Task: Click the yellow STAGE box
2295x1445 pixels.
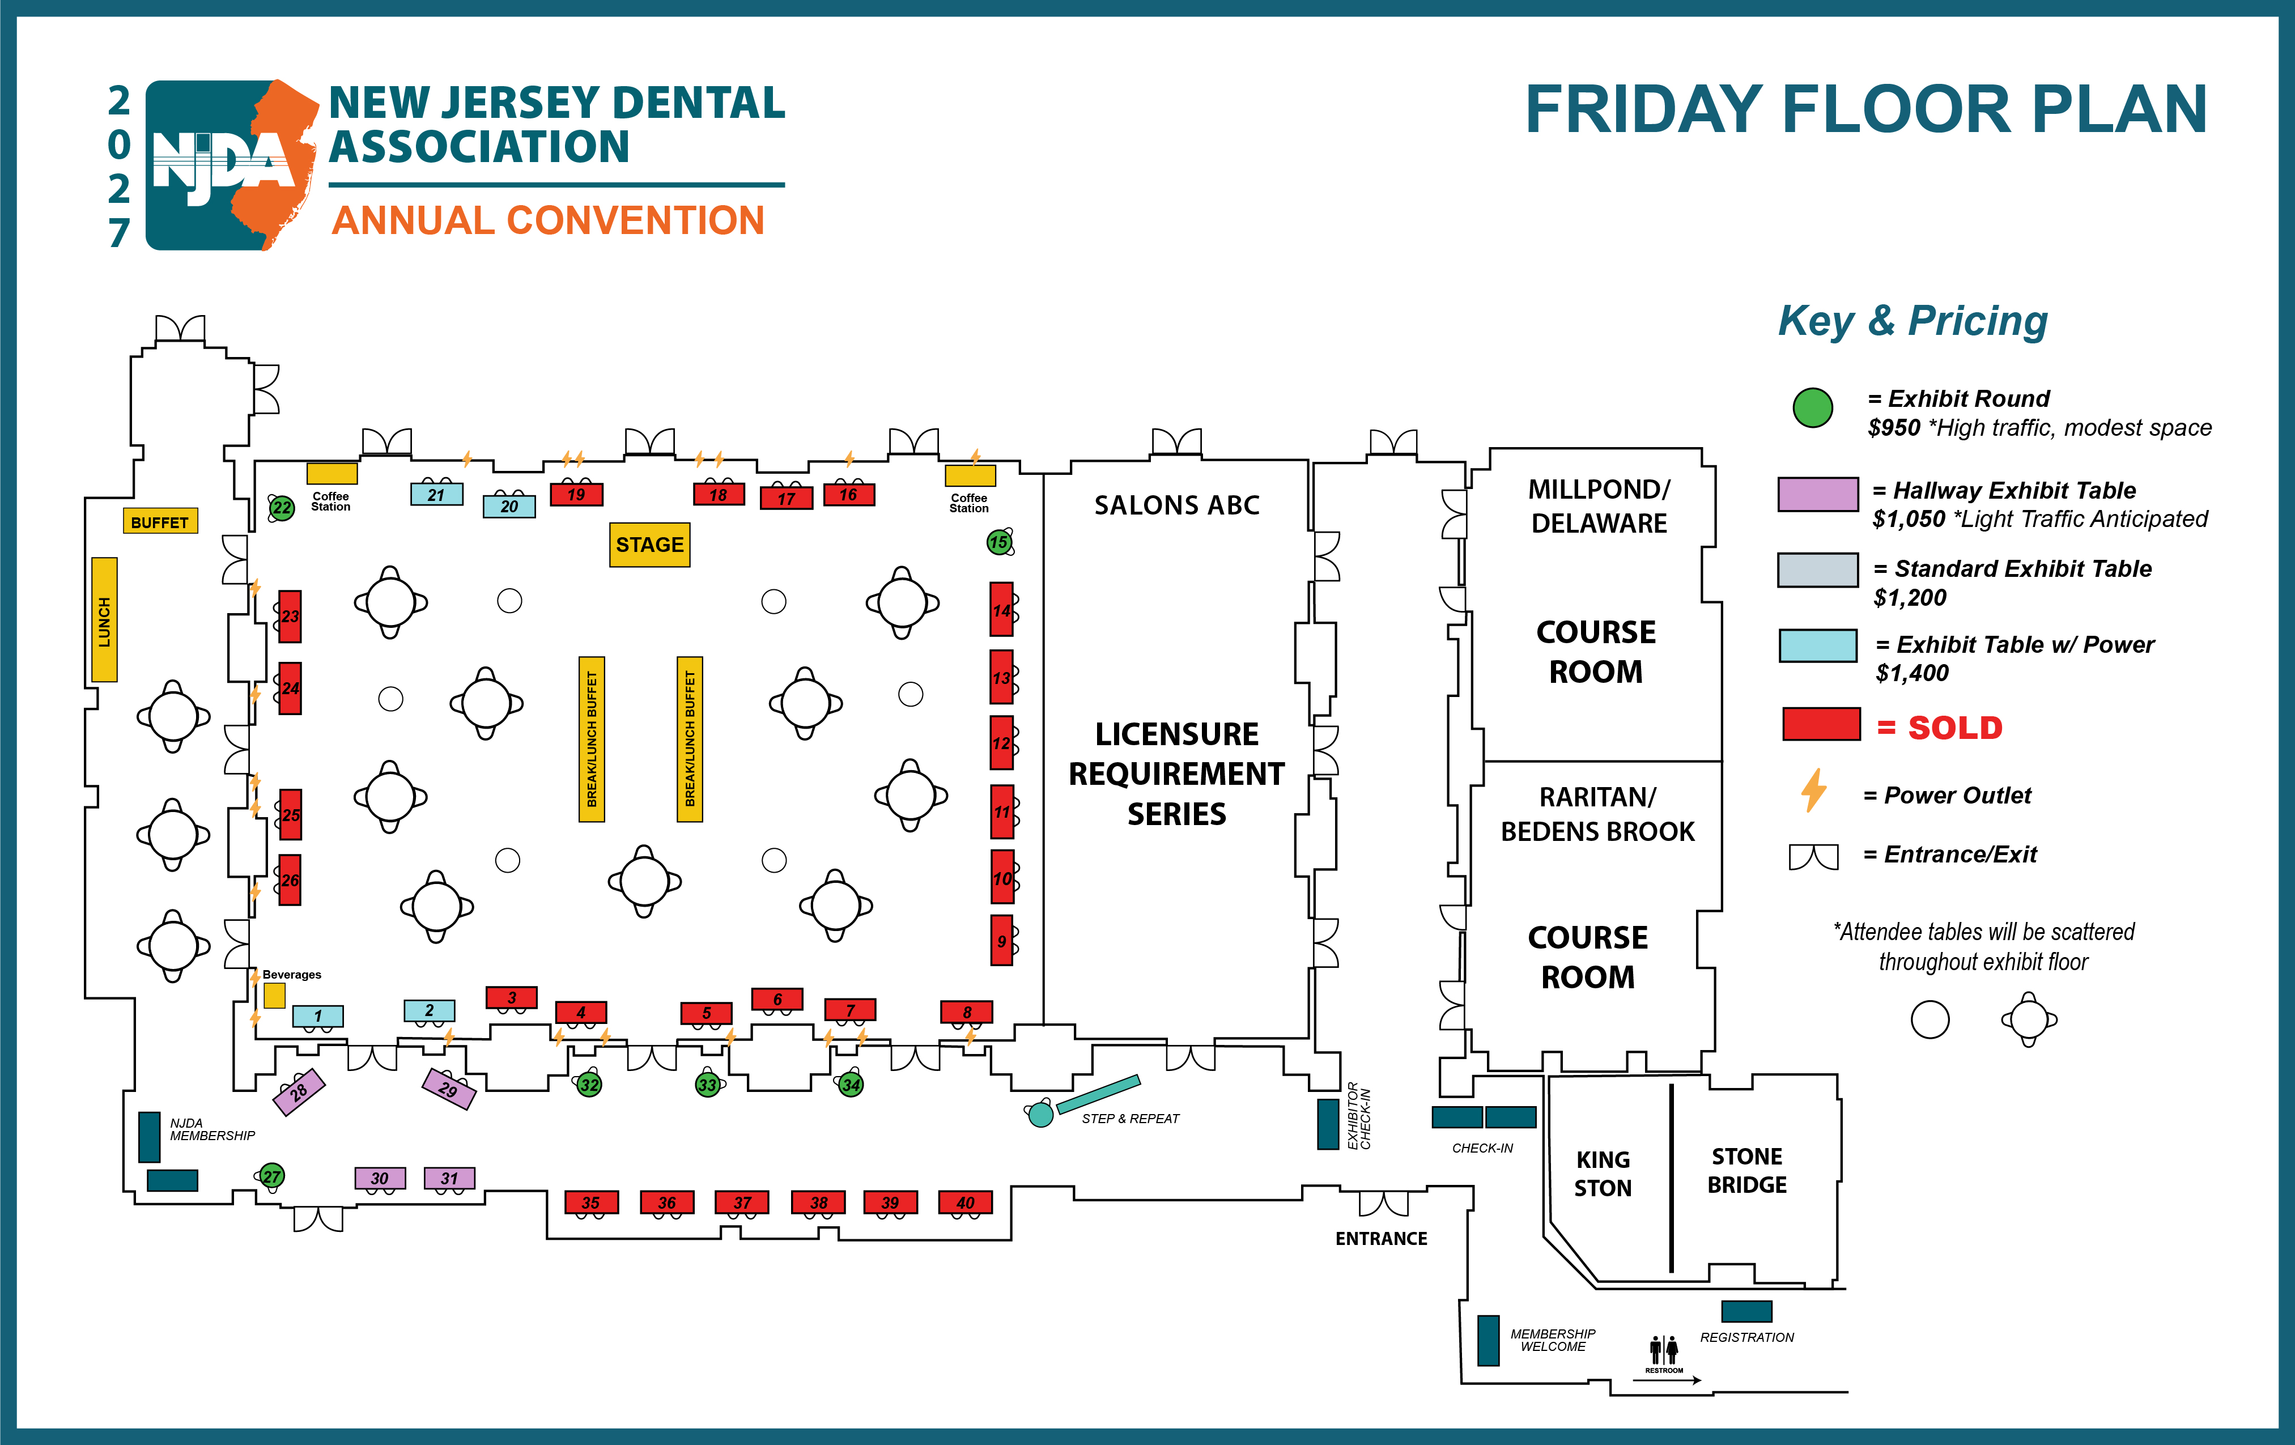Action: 649,544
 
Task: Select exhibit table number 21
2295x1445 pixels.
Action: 436,494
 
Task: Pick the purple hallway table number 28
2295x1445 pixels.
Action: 299,1091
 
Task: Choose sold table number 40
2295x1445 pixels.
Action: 966,1202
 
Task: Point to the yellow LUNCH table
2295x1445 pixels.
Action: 104,619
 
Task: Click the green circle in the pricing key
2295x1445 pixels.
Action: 1812,408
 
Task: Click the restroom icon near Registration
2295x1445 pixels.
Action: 1664,1350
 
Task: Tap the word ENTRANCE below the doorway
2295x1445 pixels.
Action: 1381,1238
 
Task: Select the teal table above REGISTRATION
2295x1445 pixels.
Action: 1746,1311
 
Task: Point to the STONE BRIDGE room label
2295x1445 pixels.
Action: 1747,1171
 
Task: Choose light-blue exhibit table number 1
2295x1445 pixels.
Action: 317,1016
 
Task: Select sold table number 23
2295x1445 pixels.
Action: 290,617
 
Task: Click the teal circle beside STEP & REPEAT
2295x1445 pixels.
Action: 1041,1114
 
